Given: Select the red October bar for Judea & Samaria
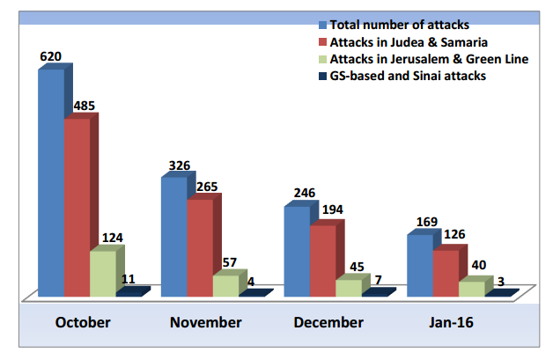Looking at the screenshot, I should (77, 207).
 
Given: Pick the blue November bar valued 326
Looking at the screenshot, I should (173, 236).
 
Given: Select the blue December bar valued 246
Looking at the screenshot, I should (297, 251).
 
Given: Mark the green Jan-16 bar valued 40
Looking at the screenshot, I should (472, 288).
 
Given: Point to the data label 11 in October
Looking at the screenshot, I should (128, 279).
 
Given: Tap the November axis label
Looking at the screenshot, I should (205, 322).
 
